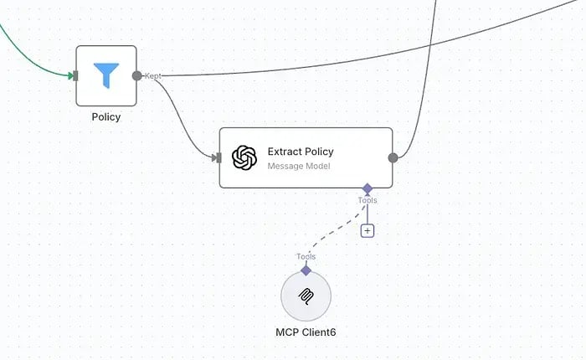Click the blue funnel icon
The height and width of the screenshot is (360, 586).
click(106, 75)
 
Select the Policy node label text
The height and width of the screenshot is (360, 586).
click(106, 117)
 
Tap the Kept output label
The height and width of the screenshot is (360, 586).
click(153, 76)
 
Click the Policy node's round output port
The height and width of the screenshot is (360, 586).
click(137, 76)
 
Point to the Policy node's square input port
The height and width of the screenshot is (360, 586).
click(76, 76)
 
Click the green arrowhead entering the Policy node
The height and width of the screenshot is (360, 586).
click(70, 76)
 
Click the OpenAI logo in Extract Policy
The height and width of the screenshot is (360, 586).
click(244, 157)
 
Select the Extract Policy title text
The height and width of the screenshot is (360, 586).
click(301, 152)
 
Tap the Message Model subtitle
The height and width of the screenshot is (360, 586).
click(299, 166)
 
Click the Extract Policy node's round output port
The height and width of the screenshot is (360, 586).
click(393, 157)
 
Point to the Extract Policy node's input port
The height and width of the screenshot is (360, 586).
click(218, 157)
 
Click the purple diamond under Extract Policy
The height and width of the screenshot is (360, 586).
click(368, 188)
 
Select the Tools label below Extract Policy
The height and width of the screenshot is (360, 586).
click(368, 200)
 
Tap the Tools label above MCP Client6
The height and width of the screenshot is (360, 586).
click(306, 256)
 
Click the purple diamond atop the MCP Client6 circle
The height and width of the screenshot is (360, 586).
click(306, 270)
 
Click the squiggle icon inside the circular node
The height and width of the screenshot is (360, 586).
click(306, 296)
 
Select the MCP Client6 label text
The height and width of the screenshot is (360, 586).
click(306, 332)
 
